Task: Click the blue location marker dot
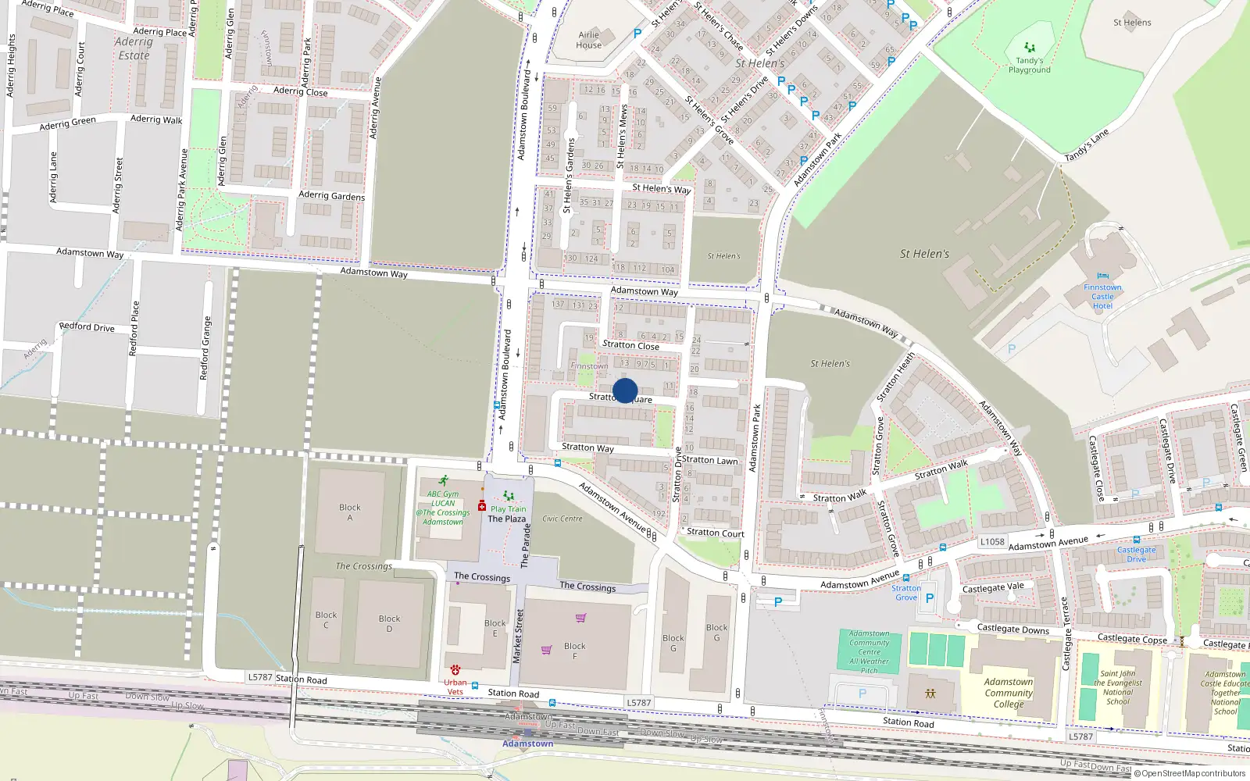point(625,390)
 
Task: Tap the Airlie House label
point(589,40)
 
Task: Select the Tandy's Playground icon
point(1030,48)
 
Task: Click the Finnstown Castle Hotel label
point(1102,297)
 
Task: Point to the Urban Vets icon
point(455,670)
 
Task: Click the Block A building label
point(350,512)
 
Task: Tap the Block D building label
point(389,623)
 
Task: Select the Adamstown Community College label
point(1009,693)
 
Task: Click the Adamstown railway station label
point(528,744)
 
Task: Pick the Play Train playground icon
point(509,496)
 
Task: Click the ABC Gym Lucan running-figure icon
point(444,481)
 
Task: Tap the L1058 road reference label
point(992,541)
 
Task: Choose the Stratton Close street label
point(631,345)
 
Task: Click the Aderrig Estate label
point(134,48)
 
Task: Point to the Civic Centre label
point(562,519)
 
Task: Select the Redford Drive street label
point(87,327)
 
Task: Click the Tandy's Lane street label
point(1087,146)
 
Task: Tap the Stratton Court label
point(716,533)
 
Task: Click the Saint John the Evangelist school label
point(1119,687)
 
